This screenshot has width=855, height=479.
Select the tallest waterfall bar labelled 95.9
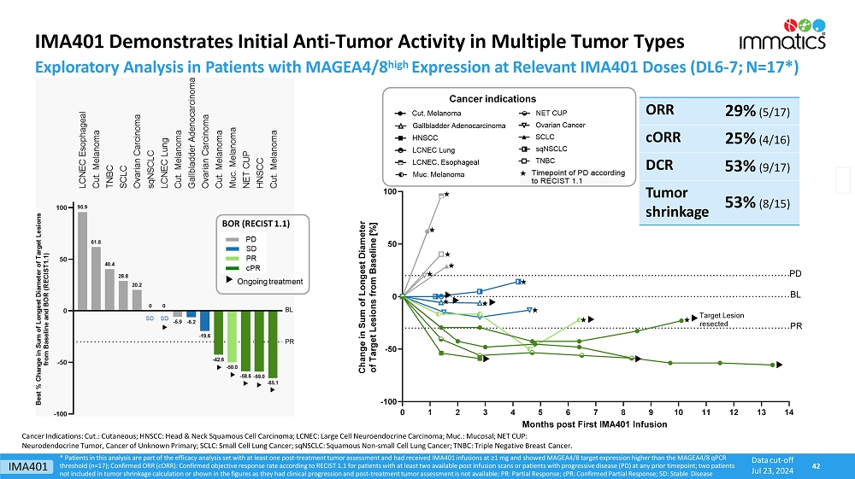[82, 260]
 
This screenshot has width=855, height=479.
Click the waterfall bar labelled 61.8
[96, 278]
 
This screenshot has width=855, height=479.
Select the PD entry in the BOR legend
[251, 239]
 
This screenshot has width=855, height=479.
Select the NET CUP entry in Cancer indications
[551, 114]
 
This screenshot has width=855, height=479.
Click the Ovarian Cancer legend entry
[559, 126]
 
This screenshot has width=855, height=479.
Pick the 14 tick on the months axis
[788, 412]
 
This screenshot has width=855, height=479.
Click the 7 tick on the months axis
[596, 412]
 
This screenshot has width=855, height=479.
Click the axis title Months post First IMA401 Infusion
[596, 424]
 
